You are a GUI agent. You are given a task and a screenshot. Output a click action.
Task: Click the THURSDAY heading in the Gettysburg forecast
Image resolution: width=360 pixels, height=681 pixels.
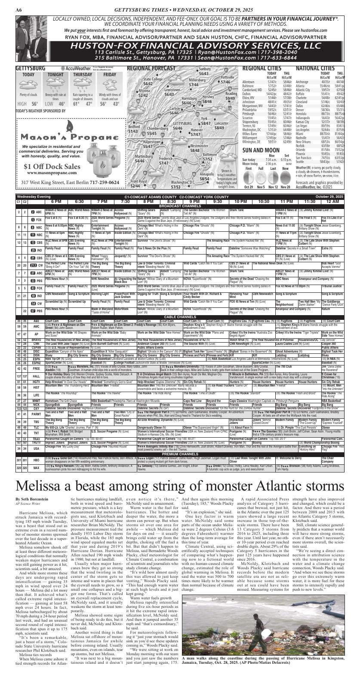click(83, 74)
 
